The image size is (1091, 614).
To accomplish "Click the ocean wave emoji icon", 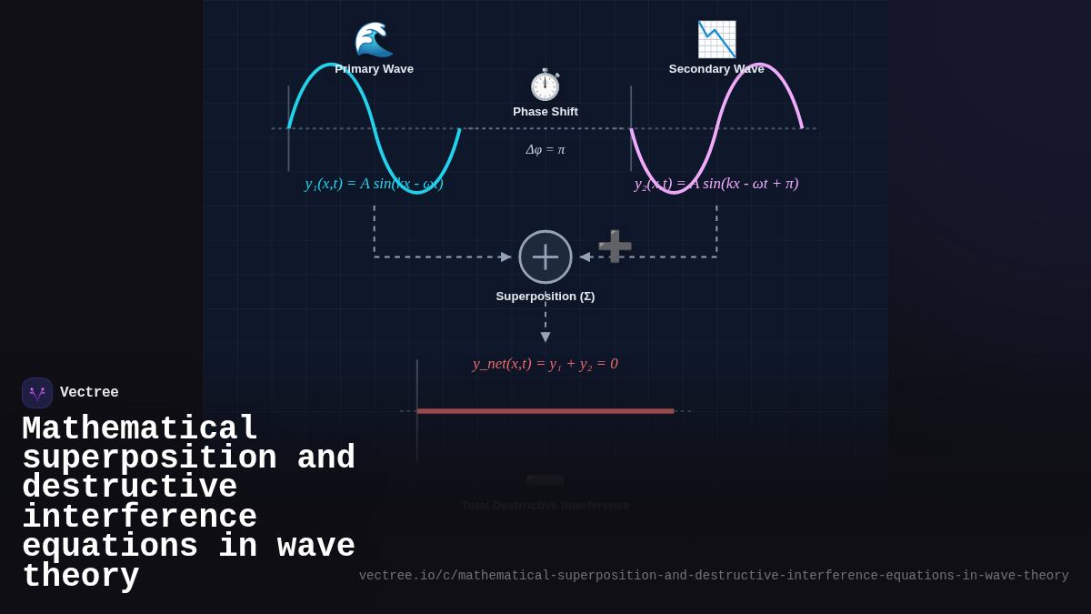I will [374, 39].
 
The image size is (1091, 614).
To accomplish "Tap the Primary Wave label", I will [374, 69].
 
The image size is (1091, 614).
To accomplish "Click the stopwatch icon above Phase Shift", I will [545, 85].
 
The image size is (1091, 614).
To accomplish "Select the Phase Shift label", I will [545, 112].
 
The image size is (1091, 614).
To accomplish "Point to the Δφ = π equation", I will [545, 149].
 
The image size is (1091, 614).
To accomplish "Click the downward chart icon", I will [716, 39].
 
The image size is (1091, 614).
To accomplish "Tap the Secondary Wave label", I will [716, 69].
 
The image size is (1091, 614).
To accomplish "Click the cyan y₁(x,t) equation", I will [374, 184].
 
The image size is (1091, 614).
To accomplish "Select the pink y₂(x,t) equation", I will [716, 184].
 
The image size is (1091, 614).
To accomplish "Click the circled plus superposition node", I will [545, 257].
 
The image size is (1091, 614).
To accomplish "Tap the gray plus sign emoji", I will [615, 247].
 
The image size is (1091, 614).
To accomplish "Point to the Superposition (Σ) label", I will [545, 297].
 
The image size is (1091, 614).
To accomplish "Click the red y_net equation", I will [545, 364].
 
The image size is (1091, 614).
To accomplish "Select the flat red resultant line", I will [545, 411].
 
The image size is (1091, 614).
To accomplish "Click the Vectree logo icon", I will [37, 393].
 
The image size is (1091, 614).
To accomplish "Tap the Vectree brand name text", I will [89, 393].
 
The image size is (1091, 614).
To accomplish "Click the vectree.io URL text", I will [714, 576].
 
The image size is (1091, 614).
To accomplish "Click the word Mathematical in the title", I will [140, 428].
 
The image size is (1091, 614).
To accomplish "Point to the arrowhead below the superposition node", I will [545, 337].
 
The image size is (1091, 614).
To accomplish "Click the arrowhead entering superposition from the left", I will [506, 257].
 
